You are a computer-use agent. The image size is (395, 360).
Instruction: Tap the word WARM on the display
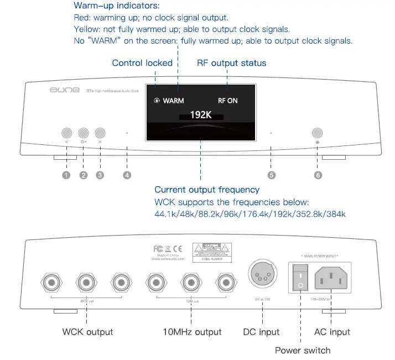point(173,101)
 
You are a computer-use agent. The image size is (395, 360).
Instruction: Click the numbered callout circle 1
point(66,175)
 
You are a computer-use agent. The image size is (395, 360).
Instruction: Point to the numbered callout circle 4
point(127,175)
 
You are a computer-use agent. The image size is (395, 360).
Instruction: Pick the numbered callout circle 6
point(318,175)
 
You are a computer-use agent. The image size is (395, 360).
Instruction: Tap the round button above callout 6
point(318,133)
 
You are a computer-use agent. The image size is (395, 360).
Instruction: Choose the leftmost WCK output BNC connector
point(53,284)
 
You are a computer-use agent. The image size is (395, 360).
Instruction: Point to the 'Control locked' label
point(142,63)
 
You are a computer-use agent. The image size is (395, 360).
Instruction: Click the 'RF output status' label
point(231,63)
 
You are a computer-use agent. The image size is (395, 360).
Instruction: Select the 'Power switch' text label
point(303,350)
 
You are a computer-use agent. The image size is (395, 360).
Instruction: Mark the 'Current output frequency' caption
point(207,190)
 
